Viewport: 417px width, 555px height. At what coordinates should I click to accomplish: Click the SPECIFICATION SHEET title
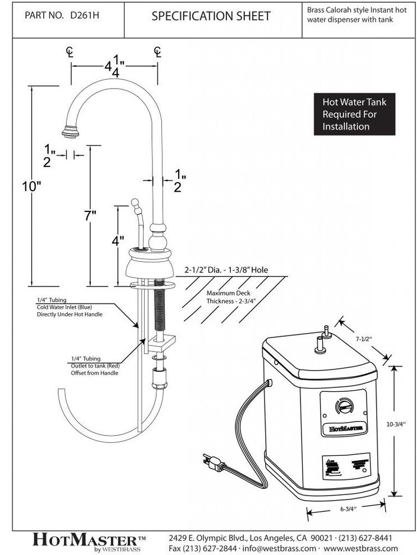point(211,16)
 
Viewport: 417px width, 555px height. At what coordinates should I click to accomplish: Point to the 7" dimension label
point(91,217)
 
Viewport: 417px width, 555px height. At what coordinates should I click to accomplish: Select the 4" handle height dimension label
point(117,242)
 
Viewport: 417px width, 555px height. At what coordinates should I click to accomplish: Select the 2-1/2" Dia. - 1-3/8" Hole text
point(226,270)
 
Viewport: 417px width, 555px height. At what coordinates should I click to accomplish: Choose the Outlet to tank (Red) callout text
point(95,366)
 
